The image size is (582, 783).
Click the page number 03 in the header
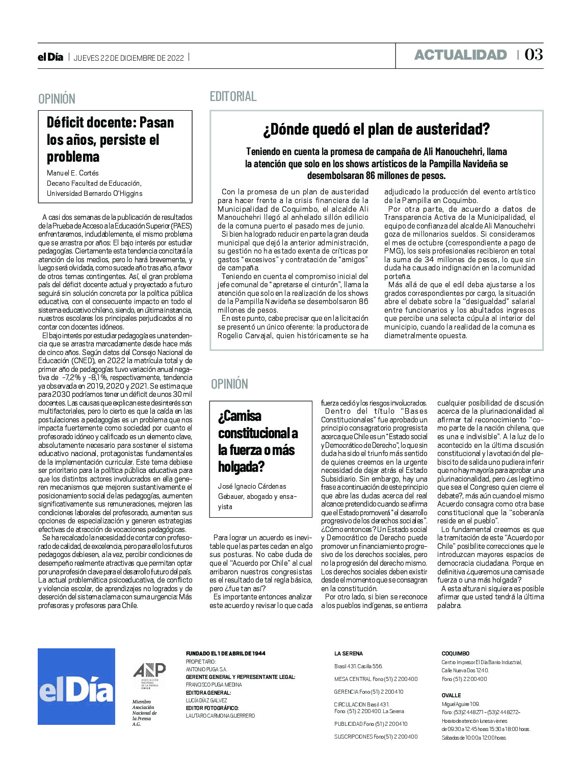click(534, 55)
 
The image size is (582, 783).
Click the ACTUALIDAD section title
click(460, 55)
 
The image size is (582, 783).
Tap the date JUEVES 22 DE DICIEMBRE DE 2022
click(128, 58)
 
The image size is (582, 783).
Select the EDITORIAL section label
click(233, 96)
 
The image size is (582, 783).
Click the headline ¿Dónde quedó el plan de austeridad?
click(376, 130)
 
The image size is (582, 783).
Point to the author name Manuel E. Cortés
click(73, 173)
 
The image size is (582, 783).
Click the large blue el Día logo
click(76, 686)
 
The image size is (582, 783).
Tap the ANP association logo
click(149, 675)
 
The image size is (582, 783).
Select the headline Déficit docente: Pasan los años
click(111, 139)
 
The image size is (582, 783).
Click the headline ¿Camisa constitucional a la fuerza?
click(258, 441)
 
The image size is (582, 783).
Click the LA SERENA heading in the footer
click(349, 653)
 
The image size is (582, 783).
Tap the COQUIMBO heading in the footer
click(455, 653)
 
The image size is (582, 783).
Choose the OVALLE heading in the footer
click(451, 695)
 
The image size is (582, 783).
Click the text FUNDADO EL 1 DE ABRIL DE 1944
click(225, 653)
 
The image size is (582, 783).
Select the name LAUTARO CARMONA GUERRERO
click(220, 716)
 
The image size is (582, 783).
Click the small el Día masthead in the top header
click(50, 58)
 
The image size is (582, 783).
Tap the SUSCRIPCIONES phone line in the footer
click(376, 736)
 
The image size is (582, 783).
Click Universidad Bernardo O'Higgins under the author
click(94, 193)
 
